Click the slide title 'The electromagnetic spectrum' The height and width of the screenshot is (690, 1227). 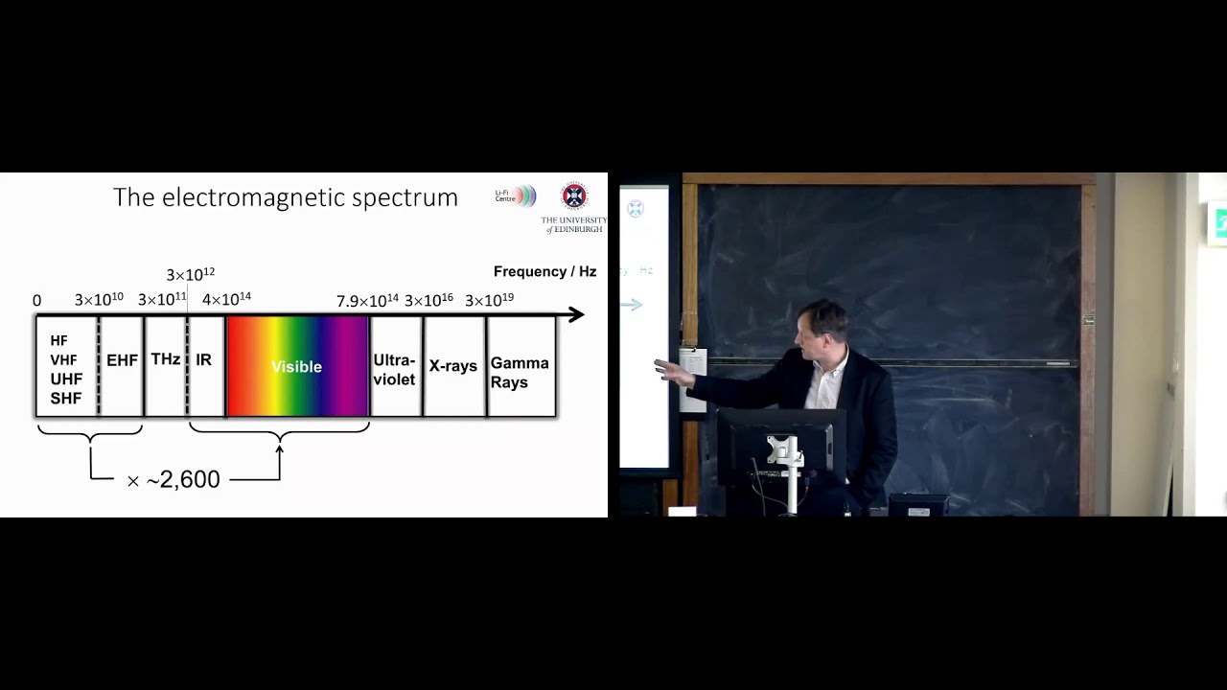pyautogui.click(x=285, y=197)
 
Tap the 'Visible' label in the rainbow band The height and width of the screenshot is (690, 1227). pyautogui.click(x=296, y=367)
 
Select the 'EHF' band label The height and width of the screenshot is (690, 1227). pyautogui.click(x=122, y=360)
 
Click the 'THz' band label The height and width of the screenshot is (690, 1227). pyautogui.click(x=166, y=359)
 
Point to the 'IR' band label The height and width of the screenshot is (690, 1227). pyautogui.click(x=203, y=360)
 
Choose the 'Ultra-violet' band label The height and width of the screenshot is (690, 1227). pyautogui.click(x=394, y=370)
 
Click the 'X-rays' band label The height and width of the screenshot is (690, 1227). pyautogui.click(x=453, y=366)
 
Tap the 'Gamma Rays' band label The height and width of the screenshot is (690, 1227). pyautogui.click(x=520, y=373)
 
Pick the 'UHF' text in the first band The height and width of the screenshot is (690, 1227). pyautogui.click(x=66, y=379)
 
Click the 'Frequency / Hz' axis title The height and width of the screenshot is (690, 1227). pyautogui.click(x=544, y=272)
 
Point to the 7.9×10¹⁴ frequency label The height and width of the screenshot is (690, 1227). pyautogui.click(x=367, y=301)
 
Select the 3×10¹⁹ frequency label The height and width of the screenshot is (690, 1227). pyautogui.click(x=489, y=300)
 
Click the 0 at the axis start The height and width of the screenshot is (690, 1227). pyautogui.click(x=37, y=301)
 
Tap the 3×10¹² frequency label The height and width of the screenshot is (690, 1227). pyautogui.click(x=190, y=275)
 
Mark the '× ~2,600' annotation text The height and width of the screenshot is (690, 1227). pyautogui.click(x=174, y=480)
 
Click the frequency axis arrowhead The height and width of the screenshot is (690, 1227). pyautogui.click(x=575, y=314)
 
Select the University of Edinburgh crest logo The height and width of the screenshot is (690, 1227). pyautogui.click(x=574, y=196)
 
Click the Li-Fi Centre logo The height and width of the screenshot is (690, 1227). pyautogui.click(x=516, y=196)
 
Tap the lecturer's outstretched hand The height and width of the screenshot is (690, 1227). pyautogui.click(x=671, y=372)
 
